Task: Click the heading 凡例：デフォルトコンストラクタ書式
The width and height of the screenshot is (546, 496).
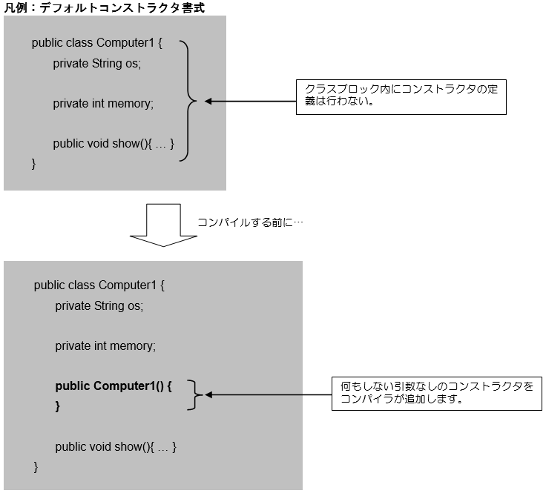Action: click(105, 7)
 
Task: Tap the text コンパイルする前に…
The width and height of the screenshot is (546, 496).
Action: click(250, 222)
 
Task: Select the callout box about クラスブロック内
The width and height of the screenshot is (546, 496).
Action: click(401, 96)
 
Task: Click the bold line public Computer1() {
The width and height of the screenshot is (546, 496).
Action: click(114, 386)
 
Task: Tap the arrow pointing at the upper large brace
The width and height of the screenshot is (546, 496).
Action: click(249, 101)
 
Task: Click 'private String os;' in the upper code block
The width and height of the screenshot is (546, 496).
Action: click(96, 64)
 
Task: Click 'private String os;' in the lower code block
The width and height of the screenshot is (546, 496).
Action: click(99, 305)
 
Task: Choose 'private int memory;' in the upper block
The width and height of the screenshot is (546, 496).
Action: click(103, 104)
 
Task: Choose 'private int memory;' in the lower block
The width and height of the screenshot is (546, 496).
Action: click(105, 345)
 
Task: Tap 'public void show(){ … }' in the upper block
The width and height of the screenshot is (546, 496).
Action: click(114, 144)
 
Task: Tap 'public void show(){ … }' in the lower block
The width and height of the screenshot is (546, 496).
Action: click(116, 446)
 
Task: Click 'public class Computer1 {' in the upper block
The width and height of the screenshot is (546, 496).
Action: click(96, 43)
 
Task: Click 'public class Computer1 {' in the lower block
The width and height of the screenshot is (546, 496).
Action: click(99, 285)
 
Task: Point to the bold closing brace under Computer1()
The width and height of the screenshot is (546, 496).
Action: click(58, 406)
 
